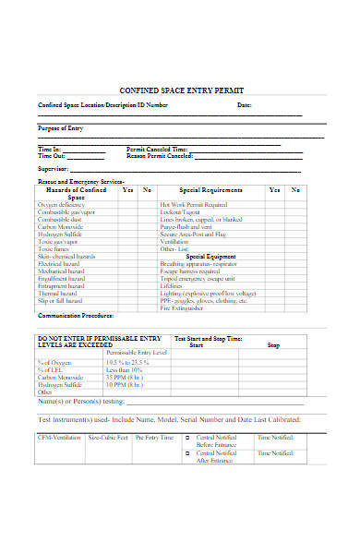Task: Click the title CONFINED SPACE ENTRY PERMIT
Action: click(180, 90)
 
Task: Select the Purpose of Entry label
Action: click(60, 127)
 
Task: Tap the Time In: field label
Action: click(50, 149)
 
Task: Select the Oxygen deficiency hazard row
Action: click(60, 204)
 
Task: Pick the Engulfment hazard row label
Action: click(60, 278)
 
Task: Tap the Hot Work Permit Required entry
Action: click(193, 204)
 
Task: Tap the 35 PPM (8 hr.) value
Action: click(124, 378)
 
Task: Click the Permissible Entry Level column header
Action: click(137, 353)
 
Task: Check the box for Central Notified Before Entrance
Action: click(187, 438)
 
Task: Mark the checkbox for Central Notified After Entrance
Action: click(187, 453)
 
